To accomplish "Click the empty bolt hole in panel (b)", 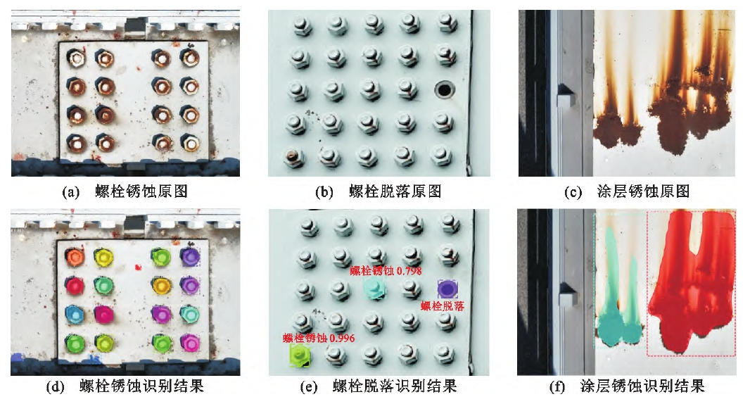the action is tap(445, 89).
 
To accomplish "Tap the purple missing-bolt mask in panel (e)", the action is tap(447, 289).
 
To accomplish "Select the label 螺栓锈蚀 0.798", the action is tap(386, 271).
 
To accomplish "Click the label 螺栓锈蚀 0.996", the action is tap(319, 338).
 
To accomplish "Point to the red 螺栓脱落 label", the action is tap(443, 306).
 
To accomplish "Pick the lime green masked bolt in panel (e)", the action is tap(300, 355).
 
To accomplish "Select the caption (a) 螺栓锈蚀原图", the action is tap(125, 191).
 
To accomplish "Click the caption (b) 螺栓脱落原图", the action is tap(379, 191).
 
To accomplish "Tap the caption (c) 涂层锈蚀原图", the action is tap(627, 191).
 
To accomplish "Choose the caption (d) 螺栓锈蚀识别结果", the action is tap(125, 386).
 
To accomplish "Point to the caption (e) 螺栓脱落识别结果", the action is tap(379, 386).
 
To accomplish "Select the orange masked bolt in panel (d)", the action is tap(75, 257).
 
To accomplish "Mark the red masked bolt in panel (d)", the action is tap(75, 286).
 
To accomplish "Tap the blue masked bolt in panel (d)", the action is tap(74, 314).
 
